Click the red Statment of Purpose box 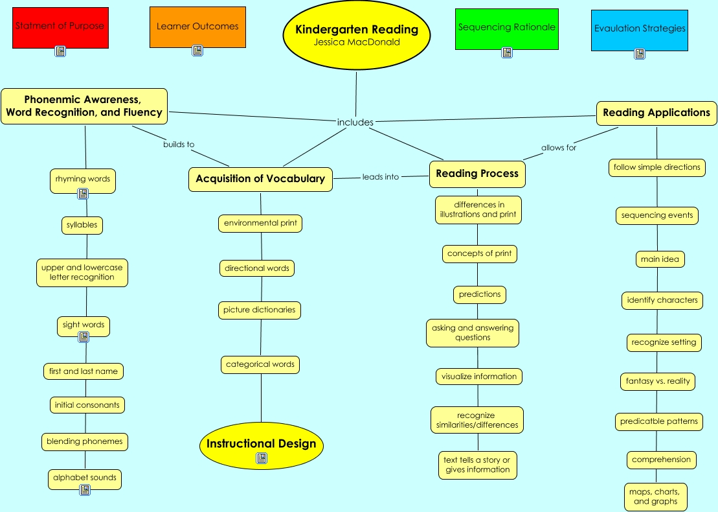click(60, 27)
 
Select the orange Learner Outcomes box click(197, 27)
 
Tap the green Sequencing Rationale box click(506, 28)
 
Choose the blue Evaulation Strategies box click(639, 29)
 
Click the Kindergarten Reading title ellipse click(357, 36)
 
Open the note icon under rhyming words click(83, 193)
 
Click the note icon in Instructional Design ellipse click(261, 458)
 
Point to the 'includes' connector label click(355, 122)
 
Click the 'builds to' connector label click(179, 145)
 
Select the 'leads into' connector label click(381, 176)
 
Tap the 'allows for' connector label click(559, 148)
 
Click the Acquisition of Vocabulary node click(260, 179)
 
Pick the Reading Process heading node click(477, 174)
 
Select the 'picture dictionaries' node click(259, 310)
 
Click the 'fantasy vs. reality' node click(657, 381)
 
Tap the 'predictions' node click(480, 294)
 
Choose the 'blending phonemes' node click(84, 441)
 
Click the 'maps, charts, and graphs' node click(655, 496)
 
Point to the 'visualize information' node click(479, 377)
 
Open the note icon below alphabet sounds click(84, 490)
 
